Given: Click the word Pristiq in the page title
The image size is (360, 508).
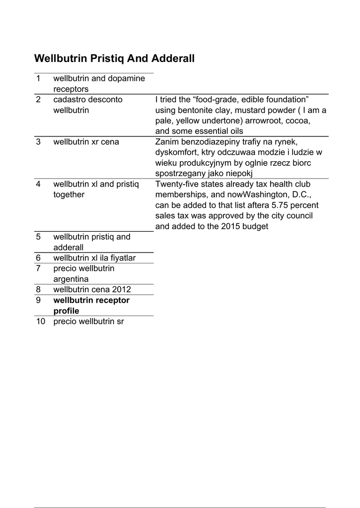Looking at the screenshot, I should (107, 59).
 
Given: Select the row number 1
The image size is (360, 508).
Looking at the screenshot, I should (38, 78).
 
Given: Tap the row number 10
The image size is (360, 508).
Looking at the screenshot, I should (41, 321).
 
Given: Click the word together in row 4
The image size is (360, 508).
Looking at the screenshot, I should (69, 195).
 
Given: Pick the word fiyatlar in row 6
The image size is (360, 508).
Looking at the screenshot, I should (121, 258).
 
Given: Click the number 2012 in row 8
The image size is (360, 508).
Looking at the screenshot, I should (122, 290).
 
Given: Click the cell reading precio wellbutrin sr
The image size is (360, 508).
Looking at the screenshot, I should (88, 321).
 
